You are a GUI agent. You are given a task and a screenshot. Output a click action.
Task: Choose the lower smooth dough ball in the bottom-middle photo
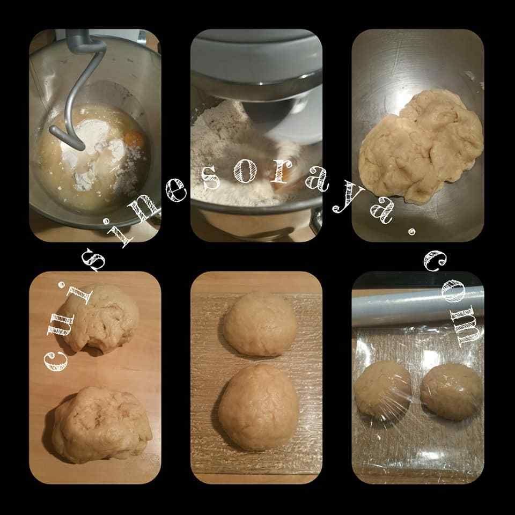point(259,407)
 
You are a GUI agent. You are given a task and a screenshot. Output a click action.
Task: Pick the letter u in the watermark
point(61,325)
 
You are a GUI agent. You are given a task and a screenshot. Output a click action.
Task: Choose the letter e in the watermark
point(176,190)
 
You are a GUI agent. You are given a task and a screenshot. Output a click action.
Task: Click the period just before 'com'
point(411,232)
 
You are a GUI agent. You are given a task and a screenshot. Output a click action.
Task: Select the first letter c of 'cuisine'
point(55,360)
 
